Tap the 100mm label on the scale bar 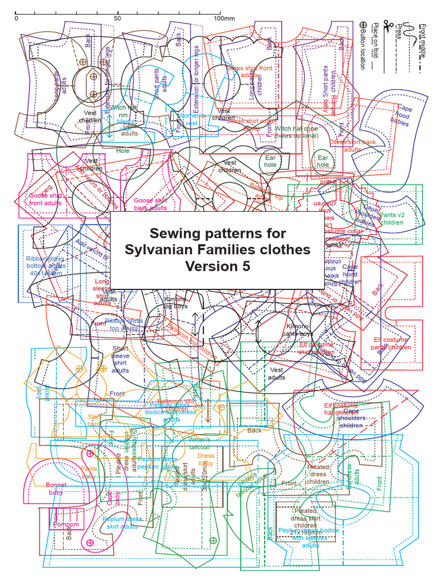[x=224, y=18]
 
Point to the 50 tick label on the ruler [x=118, y=18]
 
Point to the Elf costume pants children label [x=392, y=343]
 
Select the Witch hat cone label [x=296, y=132]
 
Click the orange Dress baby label [x=206, y=459]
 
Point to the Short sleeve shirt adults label [x=120, y=359]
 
